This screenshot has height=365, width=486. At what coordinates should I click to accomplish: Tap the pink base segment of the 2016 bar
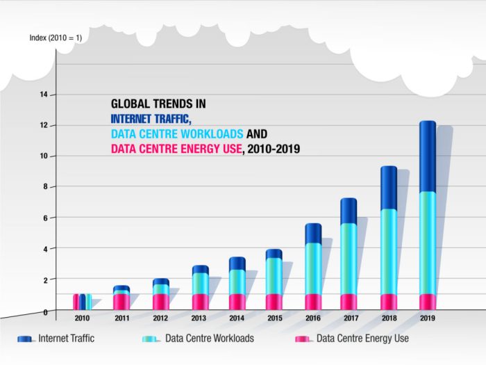(313, 302)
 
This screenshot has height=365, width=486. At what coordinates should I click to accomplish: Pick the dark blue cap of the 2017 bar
(349, 211)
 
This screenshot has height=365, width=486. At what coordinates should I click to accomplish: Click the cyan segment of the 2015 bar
(274, 276)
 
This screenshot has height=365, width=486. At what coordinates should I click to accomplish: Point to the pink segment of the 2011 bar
(121, 302)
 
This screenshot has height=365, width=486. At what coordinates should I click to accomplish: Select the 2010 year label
(82, 318)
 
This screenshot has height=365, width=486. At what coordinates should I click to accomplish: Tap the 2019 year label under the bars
(427, 318)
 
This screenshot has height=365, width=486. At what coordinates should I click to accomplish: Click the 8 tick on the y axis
(44, 187)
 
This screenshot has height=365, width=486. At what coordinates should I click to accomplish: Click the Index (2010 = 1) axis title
(56, 38)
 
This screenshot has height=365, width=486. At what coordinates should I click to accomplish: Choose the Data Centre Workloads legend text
(210, 339)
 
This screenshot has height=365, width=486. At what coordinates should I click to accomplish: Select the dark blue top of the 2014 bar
(237, 263)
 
